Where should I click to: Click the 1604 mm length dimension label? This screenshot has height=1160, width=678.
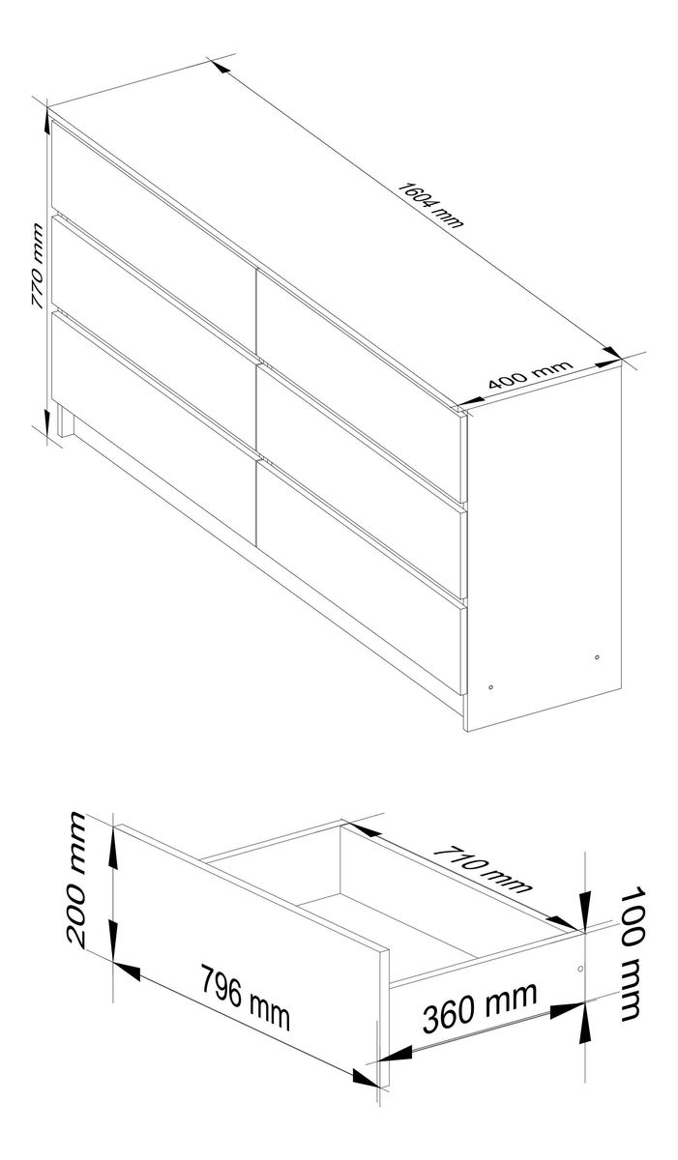(430, 205)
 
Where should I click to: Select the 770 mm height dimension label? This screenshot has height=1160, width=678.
(37, 266)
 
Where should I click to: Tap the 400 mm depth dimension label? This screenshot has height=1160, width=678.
(530, 374)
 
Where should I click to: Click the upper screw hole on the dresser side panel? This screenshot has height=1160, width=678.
(597, 657)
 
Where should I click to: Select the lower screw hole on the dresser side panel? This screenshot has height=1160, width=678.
(491, 687)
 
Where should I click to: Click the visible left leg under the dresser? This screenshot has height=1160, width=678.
(65, 420)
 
